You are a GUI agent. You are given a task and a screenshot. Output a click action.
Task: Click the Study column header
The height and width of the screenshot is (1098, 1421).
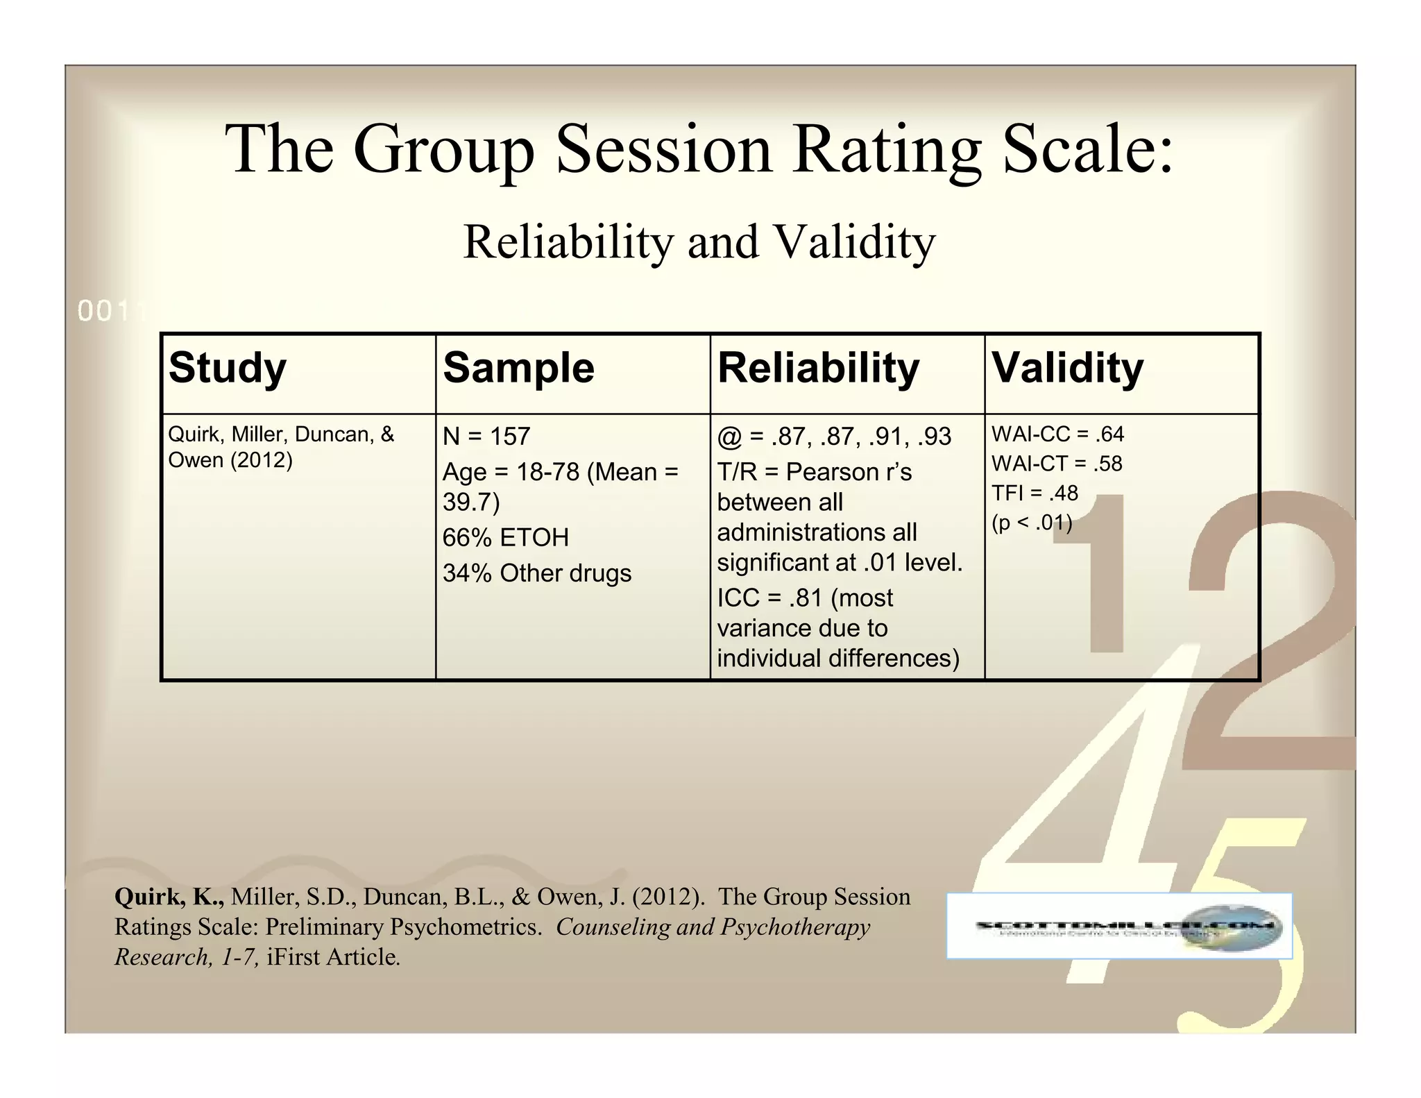tap(227, 367)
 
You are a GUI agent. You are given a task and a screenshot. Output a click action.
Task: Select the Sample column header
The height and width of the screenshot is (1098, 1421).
tap(518, 367)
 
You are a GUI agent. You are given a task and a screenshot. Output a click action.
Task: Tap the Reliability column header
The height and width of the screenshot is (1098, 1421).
tap(818, 367)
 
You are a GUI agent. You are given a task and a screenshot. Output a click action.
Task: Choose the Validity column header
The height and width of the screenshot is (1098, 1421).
tap(1067, 367)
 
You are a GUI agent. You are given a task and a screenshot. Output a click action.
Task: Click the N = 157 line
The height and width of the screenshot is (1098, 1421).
tap(486, 437)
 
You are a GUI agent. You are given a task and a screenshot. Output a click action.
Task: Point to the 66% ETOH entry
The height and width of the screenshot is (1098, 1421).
tap(505, 537)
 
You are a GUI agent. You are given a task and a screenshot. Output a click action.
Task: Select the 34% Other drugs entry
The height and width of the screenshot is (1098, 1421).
tap(537, 573)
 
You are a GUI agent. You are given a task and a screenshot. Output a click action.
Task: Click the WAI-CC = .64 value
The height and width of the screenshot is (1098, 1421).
tap(1057, 434)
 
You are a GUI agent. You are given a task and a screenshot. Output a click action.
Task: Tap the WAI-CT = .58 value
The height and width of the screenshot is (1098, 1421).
tap(1057, 464)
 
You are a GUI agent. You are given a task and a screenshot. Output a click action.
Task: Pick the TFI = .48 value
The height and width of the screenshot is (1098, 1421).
tap(1035, 493)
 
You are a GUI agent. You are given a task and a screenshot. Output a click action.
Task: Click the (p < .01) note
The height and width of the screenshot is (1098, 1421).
tap(1032, 522)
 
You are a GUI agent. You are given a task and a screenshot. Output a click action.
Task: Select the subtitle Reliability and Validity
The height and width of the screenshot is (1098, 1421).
tap(699, 242)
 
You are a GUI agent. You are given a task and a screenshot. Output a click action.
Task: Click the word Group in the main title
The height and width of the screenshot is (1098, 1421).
tap(444, 150)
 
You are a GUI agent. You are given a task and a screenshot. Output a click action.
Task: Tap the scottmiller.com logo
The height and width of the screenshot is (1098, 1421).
tap(1119, 926)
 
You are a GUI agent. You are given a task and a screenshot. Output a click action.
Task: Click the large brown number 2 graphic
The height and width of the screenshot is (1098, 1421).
tap(1277, 625)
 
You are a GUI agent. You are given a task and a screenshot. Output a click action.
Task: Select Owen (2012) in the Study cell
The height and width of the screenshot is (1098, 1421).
tap(230, 460)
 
